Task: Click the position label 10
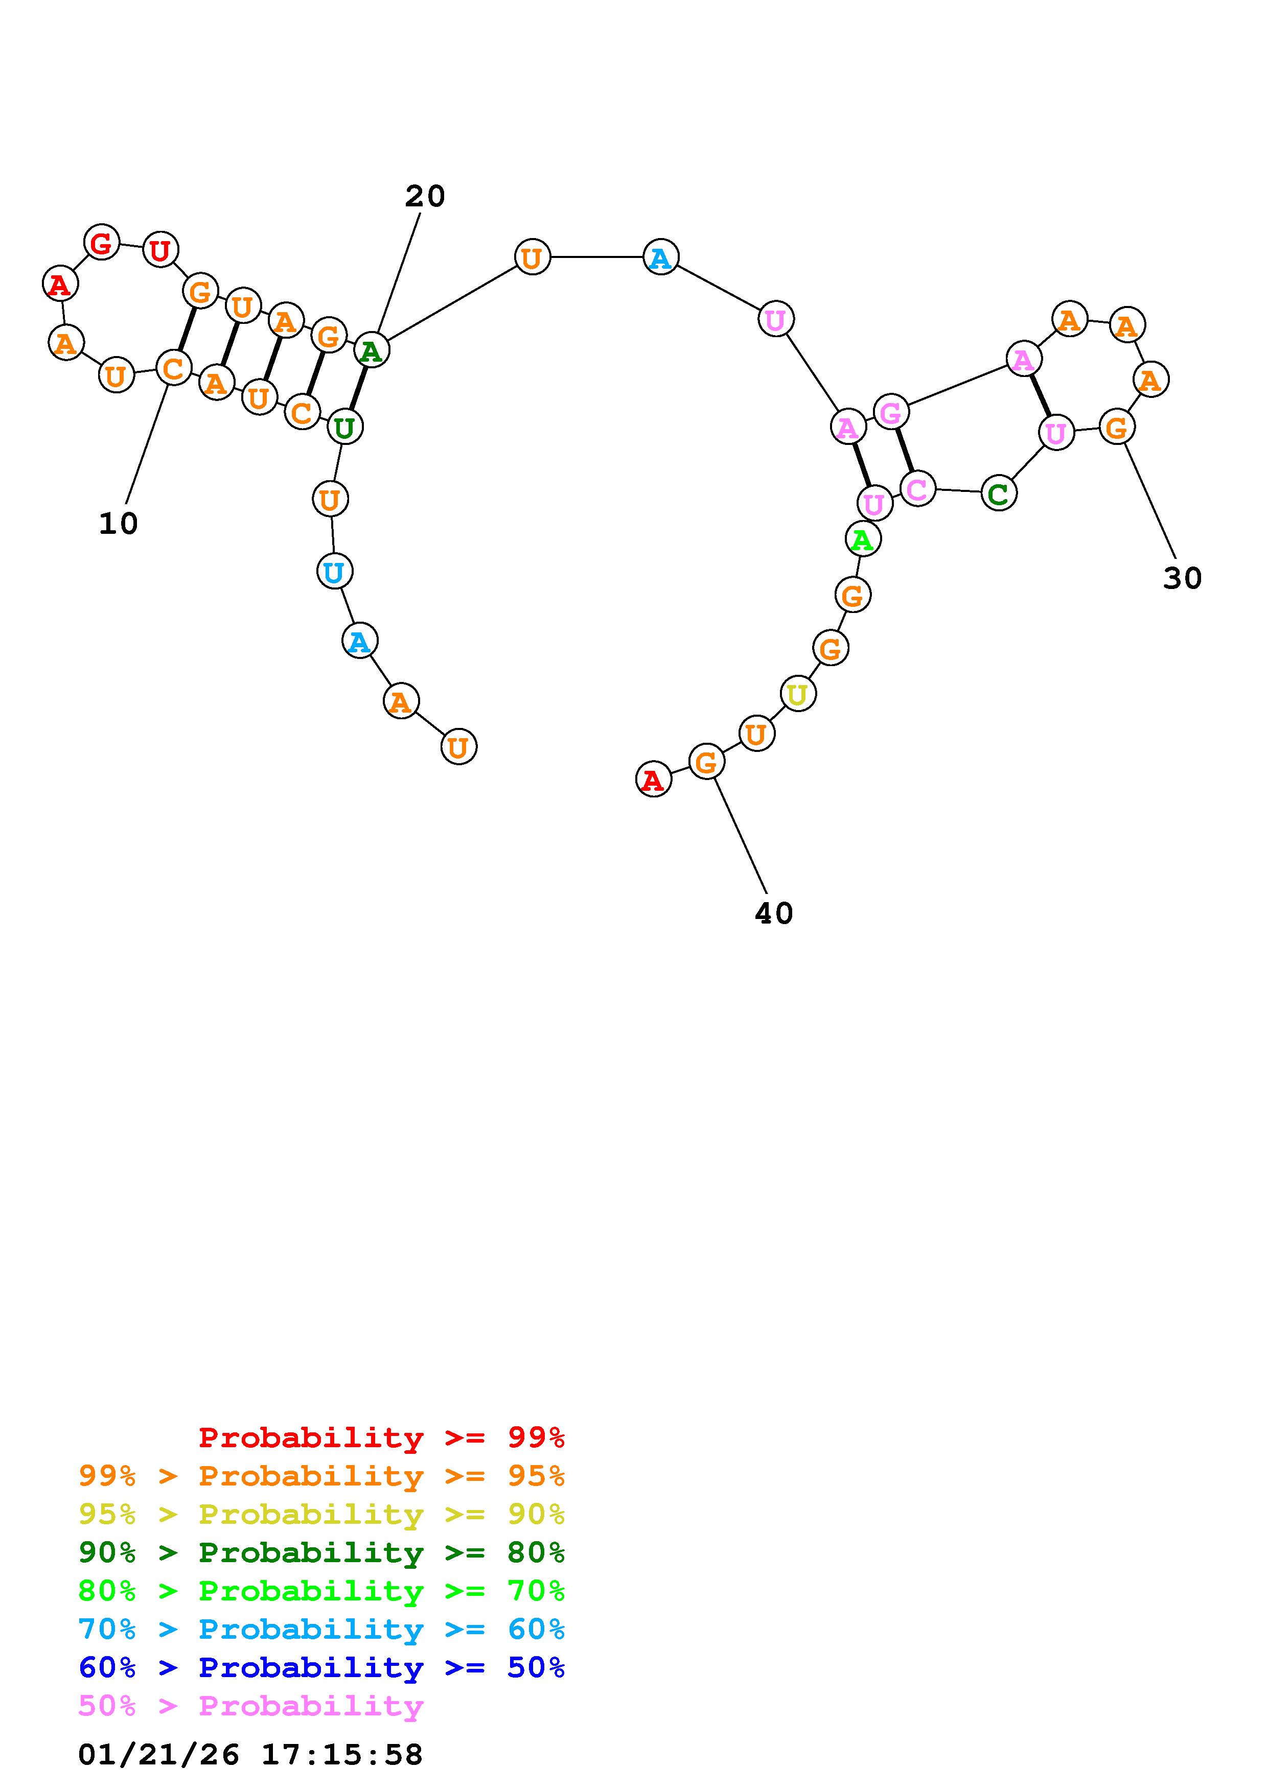click(119, 524)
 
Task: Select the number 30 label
click(1182, 578)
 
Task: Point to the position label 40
click(774, 913)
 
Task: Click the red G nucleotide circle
click(102, 242)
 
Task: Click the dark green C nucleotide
click(999, 493)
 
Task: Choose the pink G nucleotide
click(891, 412)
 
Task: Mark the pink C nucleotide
click(917, 488)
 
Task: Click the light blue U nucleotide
click(334, 572)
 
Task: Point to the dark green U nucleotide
click(344, 427)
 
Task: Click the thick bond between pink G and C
click(904, 451)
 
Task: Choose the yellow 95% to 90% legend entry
click(321, 1514)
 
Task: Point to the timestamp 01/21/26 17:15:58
click(250, 1754)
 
